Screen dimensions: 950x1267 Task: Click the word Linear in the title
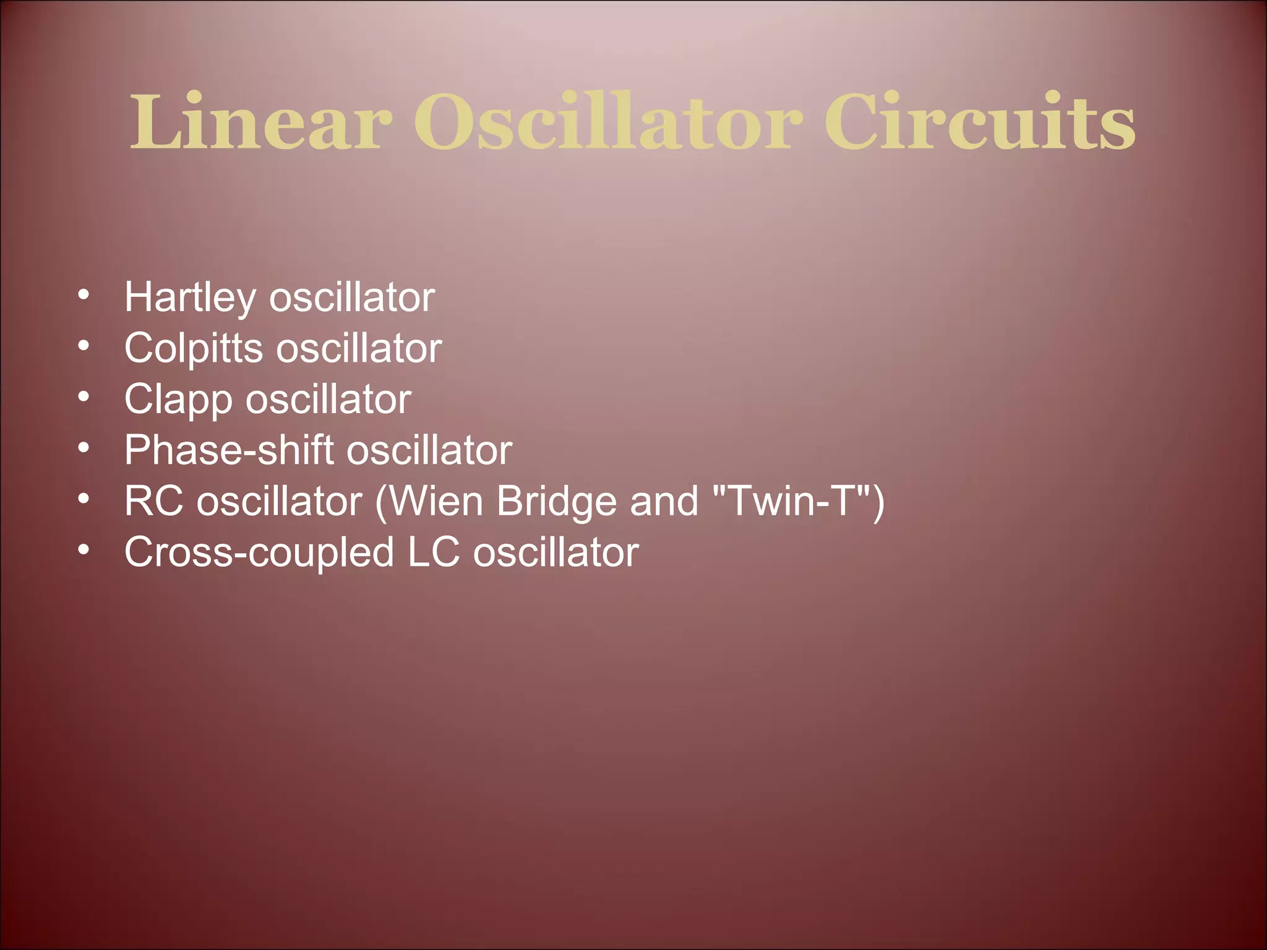260,122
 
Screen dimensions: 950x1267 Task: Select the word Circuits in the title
979,122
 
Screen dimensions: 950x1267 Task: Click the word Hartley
190,298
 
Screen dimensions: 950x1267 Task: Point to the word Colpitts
194,349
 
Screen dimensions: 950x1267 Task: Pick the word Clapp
178,400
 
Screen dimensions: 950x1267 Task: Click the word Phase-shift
229,450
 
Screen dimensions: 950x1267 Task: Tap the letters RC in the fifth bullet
153,501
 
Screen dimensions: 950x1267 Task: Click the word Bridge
556,502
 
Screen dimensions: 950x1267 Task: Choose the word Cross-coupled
259,552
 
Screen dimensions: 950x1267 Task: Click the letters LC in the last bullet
434,552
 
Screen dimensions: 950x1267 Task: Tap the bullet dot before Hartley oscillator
84,294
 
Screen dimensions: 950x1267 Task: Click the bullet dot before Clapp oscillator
84,396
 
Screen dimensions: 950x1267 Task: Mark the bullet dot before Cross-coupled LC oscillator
84,548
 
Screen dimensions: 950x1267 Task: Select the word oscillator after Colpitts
359,349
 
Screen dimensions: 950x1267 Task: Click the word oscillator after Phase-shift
429,450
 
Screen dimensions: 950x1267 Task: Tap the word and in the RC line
664,501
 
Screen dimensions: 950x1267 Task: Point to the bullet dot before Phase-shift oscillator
84,447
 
